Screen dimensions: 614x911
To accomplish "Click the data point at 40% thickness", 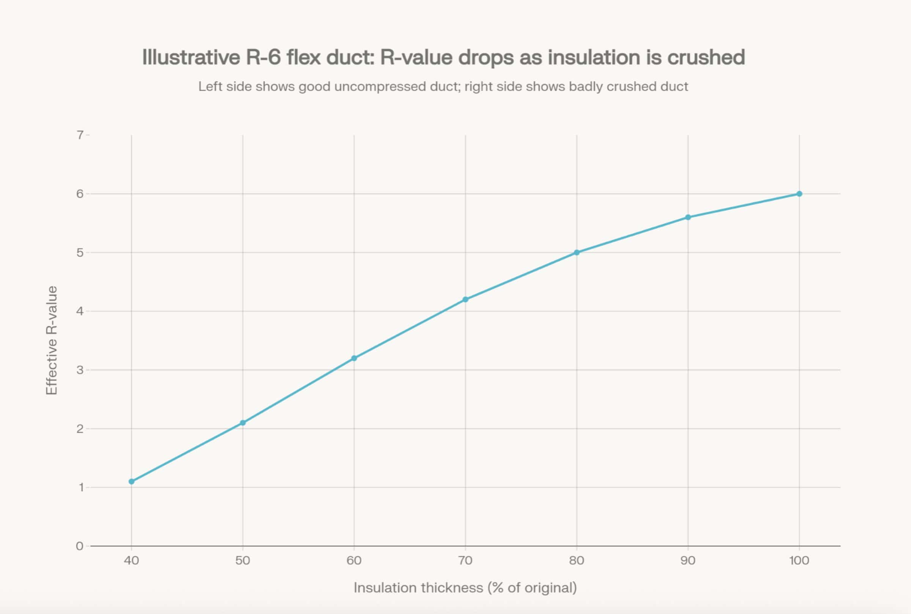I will pos(132,481).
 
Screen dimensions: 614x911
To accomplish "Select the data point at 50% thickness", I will pos(243,422).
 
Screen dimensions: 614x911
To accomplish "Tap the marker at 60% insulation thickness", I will pos(354,358).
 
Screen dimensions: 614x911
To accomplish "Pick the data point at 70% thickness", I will pos(465,299).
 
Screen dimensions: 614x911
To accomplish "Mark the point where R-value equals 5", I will pos(577,253).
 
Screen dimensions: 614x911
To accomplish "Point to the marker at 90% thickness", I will pos(688,217).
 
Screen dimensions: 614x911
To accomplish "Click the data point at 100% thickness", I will pos(799,194).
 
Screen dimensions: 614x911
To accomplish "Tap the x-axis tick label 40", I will pos(132,561).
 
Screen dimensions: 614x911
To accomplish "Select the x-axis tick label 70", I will pos(465,561).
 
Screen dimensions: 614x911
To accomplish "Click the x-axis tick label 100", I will pos(799,561).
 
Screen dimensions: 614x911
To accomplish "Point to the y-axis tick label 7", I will pos(80,135).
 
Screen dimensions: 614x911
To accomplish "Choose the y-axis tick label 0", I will pos(80,546).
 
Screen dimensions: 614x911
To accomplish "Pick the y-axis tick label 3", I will pos(80,370).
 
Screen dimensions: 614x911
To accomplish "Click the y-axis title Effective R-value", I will pos(52,340).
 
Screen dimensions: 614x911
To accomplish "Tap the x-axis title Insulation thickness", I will pos(465,587).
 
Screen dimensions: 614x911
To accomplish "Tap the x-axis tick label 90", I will pos(688,561).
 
